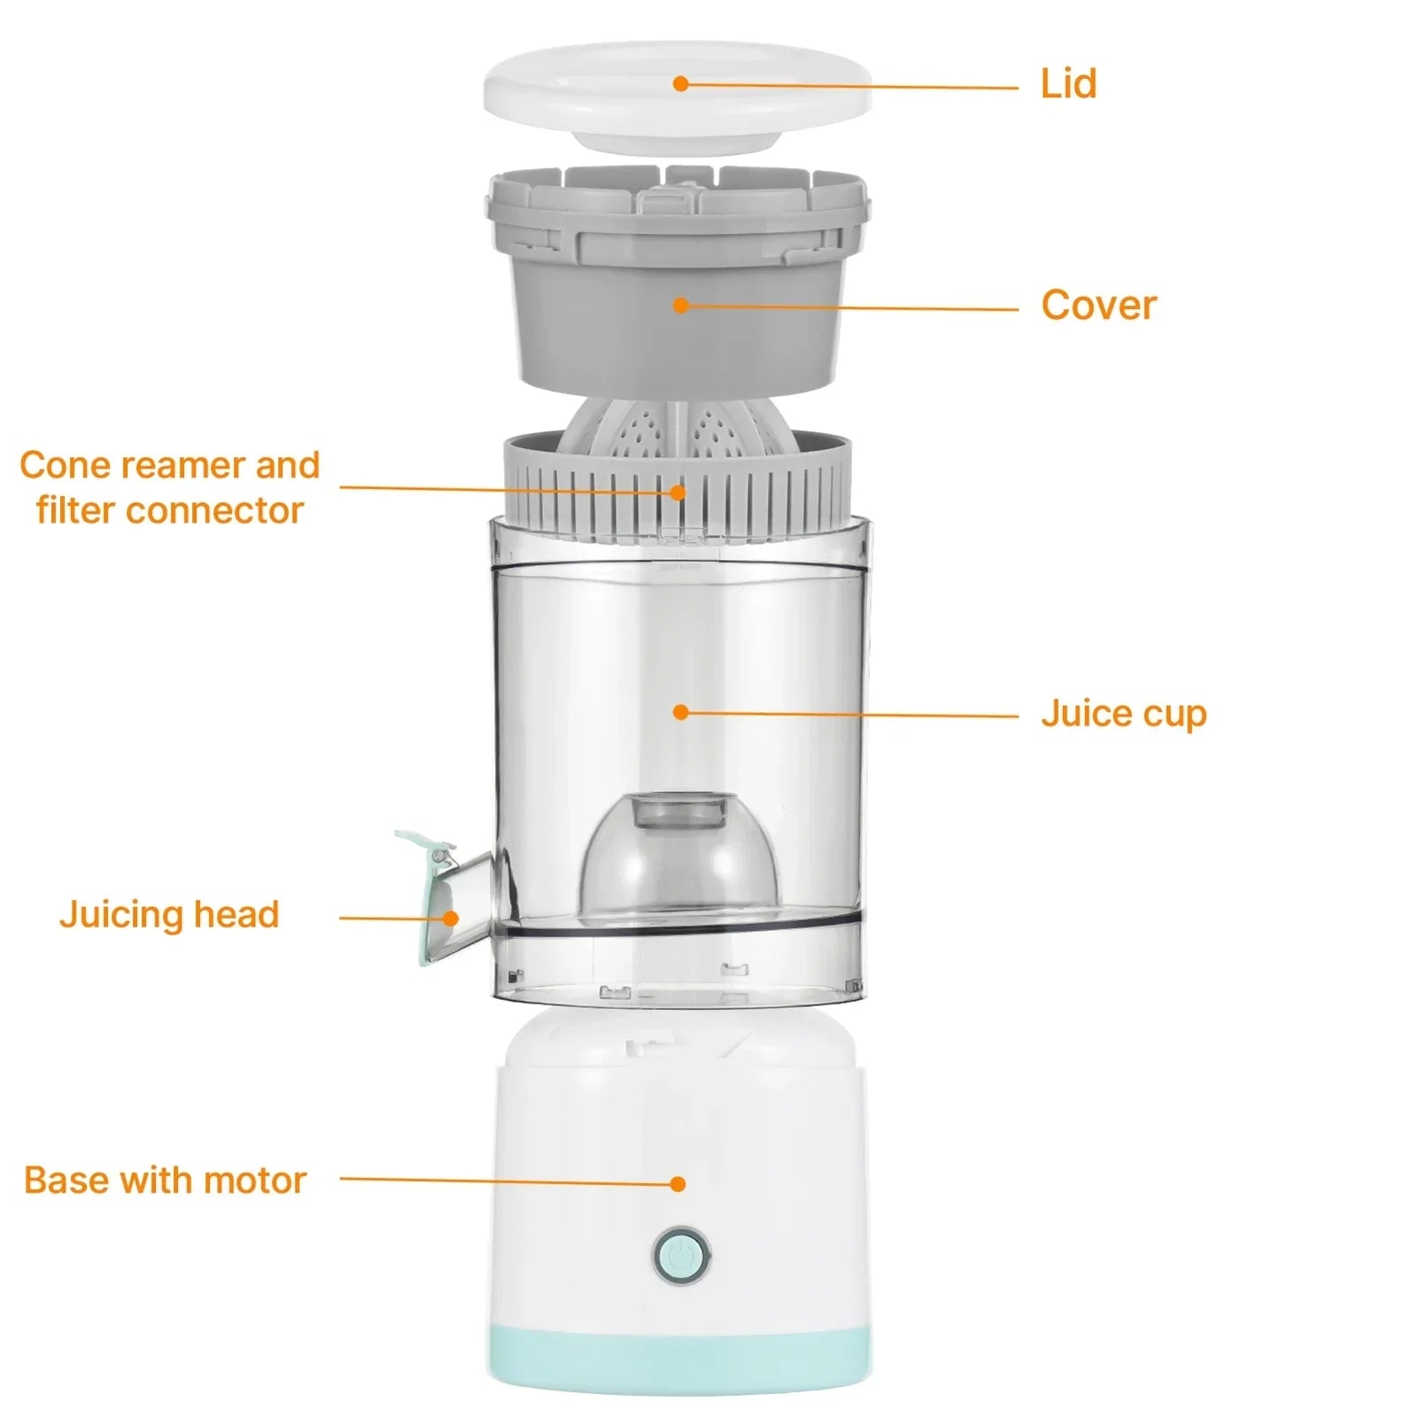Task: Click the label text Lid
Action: [x=1068, y=84]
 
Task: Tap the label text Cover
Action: [x=1098, y=306]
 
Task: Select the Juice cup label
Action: [x=1123, y=714]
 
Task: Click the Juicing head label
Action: [x=169, y=914]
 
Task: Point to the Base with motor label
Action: [x=165, y=1180]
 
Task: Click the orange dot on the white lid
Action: [x=680, y=84]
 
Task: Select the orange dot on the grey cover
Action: [x=680, y=306]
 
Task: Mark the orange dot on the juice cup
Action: [x=680, y=712]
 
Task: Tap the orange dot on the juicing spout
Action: [x=450, y=918]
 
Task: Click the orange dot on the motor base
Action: [x=678, y=1183]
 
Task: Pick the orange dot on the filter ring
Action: [x=678, y=492]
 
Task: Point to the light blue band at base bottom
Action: [x=678, y=1364]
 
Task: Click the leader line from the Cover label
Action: [x=850, y=308]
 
